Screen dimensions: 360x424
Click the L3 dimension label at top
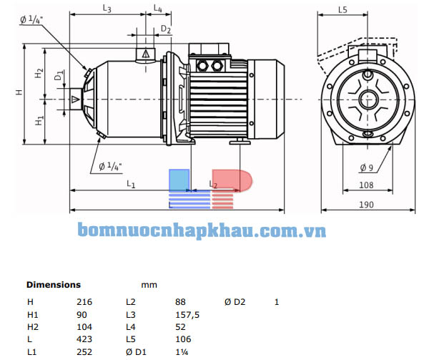[x=106, y=9]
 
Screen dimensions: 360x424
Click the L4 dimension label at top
[x=158, y=9]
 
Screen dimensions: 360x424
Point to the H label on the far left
[x=20, y=92]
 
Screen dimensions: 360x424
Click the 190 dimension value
[x=366, y=205]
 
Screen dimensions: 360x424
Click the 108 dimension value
[x=366, y=185]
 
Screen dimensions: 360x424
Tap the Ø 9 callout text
[x=366, y=167]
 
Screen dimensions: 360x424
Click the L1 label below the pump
[x=132, y=184]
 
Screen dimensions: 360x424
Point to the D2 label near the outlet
[x=166, y=29]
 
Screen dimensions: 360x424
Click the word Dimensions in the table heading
[x=54, y=284]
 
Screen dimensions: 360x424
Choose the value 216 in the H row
[x=84, y=301]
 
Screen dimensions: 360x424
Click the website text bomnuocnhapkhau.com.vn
[x=202, y=232]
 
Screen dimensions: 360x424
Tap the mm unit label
[x=149, y=284]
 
